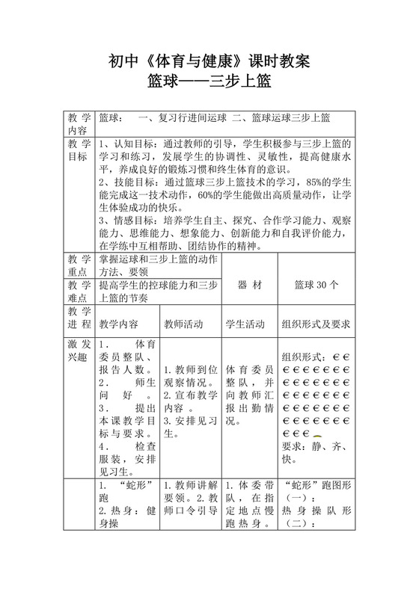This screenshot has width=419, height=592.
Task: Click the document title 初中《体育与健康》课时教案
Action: click(x=209, y=59)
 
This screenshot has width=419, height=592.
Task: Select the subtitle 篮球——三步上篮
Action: click(x=209, y=81)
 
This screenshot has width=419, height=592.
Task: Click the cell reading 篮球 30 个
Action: click(x=316, y=285)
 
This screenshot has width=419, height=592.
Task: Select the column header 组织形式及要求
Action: click(x=316, y=324)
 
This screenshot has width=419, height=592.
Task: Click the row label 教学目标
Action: click(x=79, y=149)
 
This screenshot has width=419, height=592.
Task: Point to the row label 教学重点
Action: click(x=79, y=265)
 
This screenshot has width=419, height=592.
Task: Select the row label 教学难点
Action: click(x=79, y=291)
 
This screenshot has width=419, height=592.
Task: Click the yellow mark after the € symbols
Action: click(x=316, y=434)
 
